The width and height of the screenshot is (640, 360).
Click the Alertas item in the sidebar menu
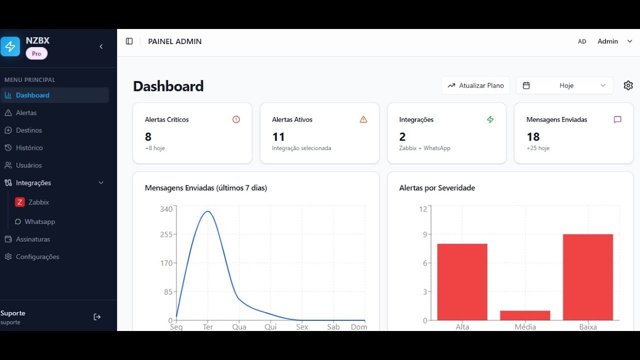(x=26, y=112)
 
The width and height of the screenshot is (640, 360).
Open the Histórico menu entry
(x=29, y=147)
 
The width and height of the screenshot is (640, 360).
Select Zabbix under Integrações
(x=38, y=202)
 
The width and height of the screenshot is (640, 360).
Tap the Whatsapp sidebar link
(x=39, y=221)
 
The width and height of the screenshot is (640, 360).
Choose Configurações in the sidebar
(x=37, y=256)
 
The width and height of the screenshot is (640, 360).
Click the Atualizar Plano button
(x=475, y=85)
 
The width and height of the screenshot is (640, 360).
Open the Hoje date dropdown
(x=564, y=85)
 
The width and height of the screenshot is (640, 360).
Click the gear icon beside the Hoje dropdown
(x=628, y=85)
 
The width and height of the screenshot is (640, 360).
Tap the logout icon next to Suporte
(x=97, y=317)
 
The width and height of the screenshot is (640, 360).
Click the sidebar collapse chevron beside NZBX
(x=101, y=46)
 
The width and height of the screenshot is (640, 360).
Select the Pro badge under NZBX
(x=36, y=53)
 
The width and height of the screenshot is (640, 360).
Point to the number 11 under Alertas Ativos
(x=278, y=137)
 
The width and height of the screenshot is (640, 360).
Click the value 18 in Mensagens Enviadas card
(x=533, y=137)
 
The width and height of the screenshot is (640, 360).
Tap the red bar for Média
(x=525, y=315)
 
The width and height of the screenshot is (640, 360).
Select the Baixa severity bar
(x=588, y=277)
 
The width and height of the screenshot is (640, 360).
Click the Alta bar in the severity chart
(x=462, y=282)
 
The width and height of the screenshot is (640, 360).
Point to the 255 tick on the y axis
(x=166, y=234)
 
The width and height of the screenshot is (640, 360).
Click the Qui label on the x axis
(x=270, y=327)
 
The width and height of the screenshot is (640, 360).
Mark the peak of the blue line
(x=208, y=211)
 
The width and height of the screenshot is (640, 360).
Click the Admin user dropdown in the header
(x=614, y=41)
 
